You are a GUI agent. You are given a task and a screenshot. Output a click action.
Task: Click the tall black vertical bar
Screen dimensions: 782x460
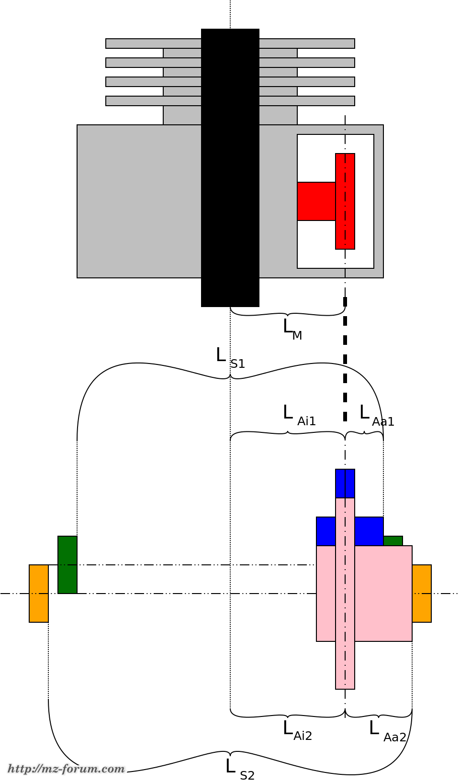(x=230, y=167)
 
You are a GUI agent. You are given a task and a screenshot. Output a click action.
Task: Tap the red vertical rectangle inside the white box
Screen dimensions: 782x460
(x=345, y=201)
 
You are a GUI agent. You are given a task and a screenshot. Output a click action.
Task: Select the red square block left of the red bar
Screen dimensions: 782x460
(x=316, y=201)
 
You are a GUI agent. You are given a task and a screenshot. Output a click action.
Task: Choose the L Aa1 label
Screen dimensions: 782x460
(x=376, y=414)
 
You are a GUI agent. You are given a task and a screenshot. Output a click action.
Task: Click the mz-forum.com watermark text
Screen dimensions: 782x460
(x=66, y=769)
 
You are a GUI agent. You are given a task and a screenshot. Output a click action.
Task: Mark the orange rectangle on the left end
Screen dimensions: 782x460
(x=39, y=593)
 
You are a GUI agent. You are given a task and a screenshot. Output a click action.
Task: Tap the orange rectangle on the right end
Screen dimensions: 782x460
(x=422, y=593)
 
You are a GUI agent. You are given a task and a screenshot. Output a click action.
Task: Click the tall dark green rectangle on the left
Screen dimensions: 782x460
(x=67, y=564)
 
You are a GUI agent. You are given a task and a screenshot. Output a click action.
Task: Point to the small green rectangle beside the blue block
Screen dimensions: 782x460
(x=393, y=540)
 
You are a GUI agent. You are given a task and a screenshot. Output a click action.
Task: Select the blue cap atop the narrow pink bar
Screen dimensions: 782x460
(x=345, y=483)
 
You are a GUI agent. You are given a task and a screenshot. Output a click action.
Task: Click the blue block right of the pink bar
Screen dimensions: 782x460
(x=369, y=531)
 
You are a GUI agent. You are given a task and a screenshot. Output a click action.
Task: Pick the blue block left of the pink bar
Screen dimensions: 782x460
(x=325, y=531)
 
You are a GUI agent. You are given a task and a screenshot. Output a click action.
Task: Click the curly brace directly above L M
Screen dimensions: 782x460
(x=287, y=313)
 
